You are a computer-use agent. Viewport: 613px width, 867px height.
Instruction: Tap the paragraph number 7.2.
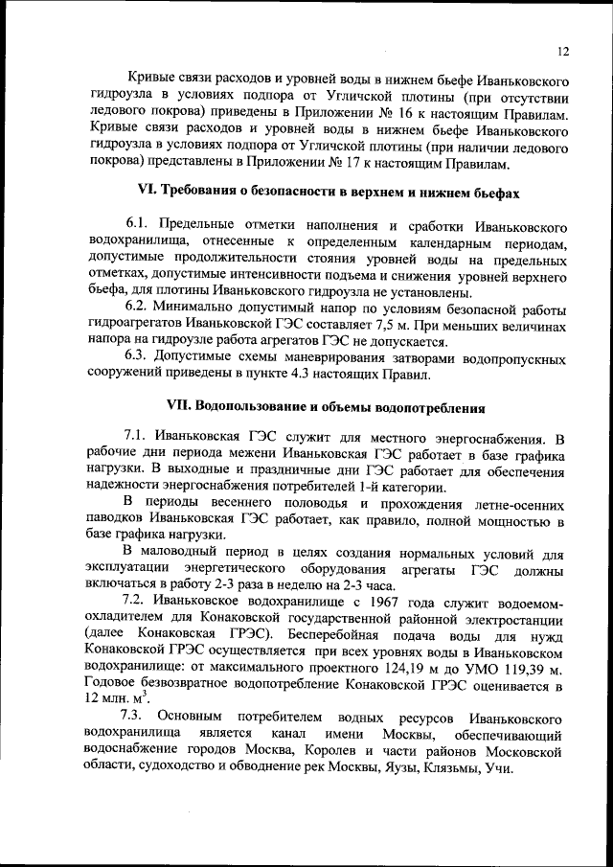pyautogui.click(x=138, y=601)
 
